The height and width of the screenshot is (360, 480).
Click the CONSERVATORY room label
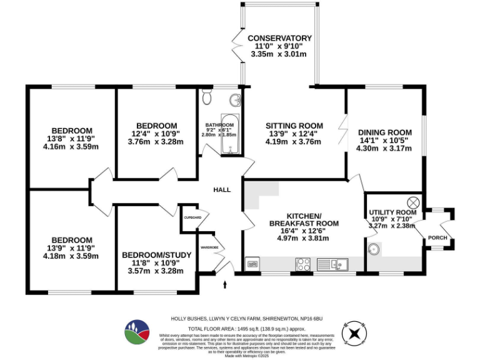(x=279, y=38)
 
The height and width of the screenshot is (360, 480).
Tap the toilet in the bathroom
(x=208, y=99)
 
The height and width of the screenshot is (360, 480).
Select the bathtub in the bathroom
(x=229, y=134)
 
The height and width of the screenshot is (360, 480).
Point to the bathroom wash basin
(x=234, y=100)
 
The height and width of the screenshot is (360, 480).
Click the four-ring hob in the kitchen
(x=302, y=263)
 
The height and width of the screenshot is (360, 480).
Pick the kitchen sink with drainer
(x=336, y=263)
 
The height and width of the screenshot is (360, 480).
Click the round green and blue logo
(x=138, y=331)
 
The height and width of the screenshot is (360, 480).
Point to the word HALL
(x=222, y=190)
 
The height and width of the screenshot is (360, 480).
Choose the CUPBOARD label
(x=192, y=217)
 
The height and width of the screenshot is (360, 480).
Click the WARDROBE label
(x=209, y=247)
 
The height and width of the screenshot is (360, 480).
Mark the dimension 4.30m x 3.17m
(x=384, y=148)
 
